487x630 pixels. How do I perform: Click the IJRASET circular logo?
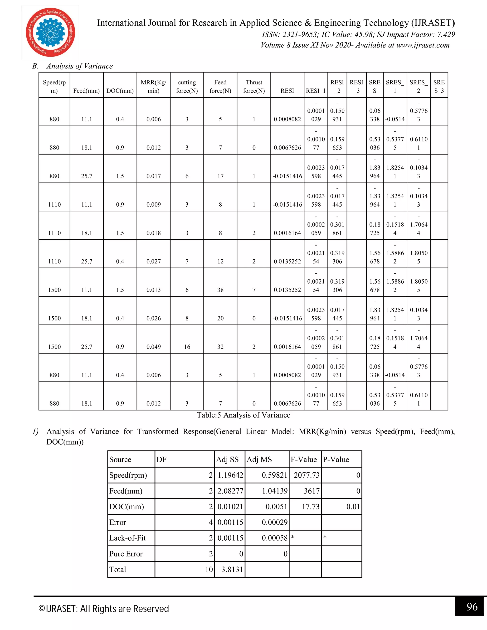(50, 33)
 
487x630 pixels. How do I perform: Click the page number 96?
(472, 607)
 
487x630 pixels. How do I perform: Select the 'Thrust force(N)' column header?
(254, 87)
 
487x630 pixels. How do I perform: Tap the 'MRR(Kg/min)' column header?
(153, 87)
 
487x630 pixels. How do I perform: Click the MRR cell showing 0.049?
(153, 347)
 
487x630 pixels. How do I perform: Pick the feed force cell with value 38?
(220, 290)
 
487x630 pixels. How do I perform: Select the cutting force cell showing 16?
(187, 347)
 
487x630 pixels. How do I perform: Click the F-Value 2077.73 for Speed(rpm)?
(306, 475)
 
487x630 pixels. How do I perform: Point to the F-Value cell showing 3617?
(312, 491)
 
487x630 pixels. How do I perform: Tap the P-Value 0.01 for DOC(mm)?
(353, 507)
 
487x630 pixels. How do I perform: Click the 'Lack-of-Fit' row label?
(127, 538)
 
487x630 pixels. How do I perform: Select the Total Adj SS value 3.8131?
(232, 569)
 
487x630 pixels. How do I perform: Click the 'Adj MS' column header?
(259, 460)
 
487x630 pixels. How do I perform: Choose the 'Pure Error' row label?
(126, 554)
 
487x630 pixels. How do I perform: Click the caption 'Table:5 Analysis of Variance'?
(243, 415)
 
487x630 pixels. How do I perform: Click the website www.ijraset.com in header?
(423, 45)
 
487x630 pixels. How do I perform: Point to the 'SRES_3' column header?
(439, 87)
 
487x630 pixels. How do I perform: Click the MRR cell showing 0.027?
(153, 261)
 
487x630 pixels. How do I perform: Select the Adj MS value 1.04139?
(275, 491)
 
